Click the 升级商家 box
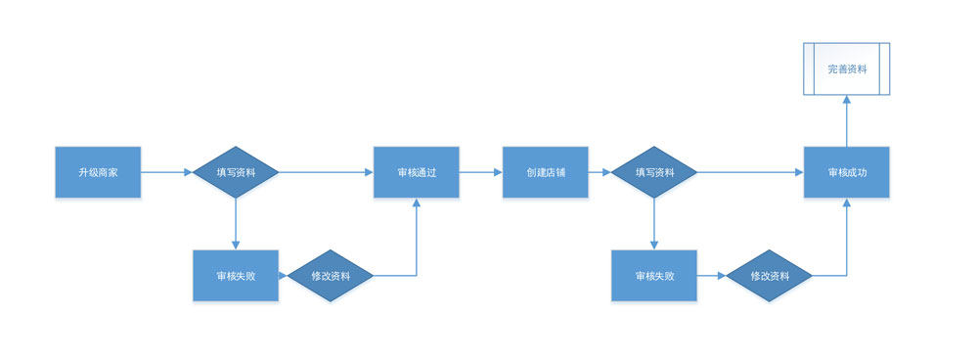click(x=98, y=172)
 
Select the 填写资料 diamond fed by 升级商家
click(x=235, y=172)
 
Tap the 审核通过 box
click(x=417, y=172)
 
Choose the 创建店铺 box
click(x=546, y=172)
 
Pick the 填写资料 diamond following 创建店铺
click(x=653, y=172)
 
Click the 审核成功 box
click(x=847, y=172)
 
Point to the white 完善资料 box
click(x=847, y=68)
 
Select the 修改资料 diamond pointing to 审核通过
click(x=331, y=276)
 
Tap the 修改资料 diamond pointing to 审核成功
click(x=769, y=276)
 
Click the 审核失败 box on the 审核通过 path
click(x=236, y=276)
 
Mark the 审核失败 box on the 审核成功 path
click(x=653, y=276)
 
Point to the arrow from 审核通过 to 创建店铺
click(x=480, y=172)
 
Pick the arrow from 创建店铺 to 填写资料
click(x=599, y=172)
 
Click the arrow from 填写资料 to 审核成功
click(x=750, y=172)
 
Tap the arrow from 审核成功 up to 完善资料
click(x=847, y=120)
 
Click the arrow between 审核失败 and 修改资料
click(x=711, y=276)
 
